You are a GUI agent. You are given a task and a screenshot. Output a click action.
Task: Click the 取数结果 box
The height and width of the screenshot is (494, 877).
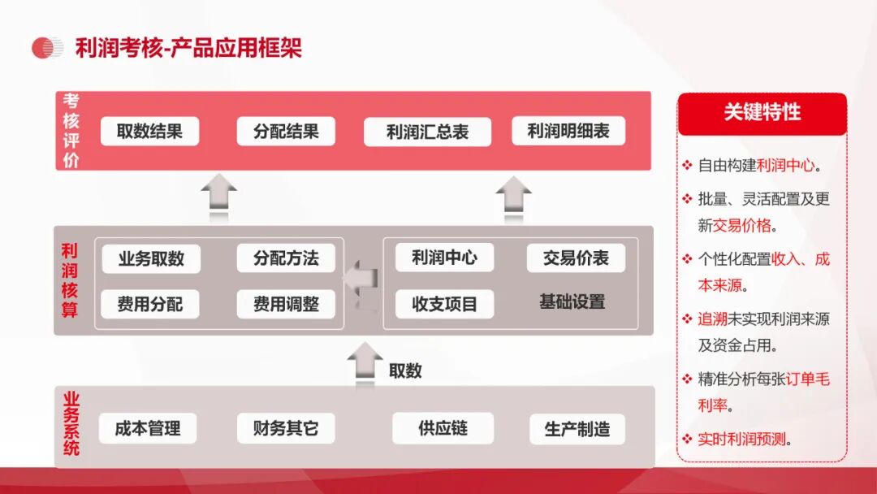click(x=150, y=132)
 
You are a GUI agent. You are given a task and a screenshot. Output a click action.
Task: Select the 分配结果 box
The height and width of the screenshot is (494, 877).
click(x=286, y=132)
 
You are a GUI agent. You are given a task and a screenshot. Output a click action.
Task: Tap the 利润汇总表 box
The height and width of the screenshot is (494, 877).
click(x=427, y=132)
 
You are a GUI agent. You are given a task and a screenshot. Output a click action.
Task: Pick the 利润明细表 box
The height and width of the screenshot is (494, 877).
click(x=568, y=131)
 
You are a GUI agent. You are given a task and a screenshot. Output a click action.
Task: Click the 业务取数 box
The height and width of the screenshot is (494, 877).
click(x=151, y=258)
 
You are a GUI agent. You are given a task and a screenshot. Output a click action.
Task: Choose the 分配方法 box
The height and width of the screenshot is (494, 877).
click(x=286, y=258)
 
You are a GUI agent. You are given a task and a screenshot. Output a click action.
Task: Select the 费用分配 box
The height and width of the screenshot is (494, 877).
click(x=150, y=305)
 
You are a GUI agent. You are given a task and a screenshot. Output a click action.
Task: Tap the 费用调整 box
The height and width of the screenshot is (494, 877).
click(x=286, y=305)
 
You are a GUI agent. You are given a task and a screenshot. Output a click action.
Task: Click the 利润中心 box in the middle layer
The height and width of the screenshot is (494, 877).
click(x=445, y=258)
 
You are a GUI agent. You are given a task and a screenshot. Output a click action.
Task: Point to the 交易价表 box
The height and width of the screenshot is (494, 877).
click(x=576, y=258)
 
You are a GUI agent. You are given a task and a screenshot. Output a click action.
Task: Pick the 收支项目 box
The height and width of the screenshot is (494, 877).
click(x=445, y=305)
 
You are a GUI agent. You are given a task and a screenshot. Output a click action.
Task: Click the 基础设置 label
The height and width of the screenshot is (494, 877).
click(x=572, y=302)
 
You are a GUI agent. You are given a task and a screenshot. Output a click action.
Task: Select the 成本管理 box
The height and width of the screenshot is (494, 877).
click(x=148, y=428)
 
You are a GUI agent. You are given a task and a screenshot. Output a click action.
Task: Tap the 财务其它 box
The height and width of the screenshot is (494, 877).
click(x=286, y=428)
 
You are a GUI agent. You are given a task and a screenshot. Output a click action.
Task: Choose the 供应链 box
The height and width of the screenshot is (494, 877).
click(x=443, y=428)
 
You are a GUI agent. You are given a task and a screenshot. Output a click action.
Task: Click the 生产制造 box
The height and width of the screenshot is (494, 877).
click(x=577, y=429)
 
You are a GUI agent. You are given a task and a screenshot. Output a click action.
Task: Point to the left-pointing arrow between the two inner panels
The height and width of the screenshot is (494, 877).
click(x=361, y=278)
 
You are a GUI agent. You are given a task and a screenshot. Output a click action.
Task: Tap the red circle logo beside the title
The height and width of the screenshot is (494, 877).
click(x=45, y=48)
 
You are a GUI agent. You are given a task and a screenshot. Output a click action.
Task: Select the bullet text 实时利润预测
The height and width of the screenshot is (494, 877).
click(x=742, y=440)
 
